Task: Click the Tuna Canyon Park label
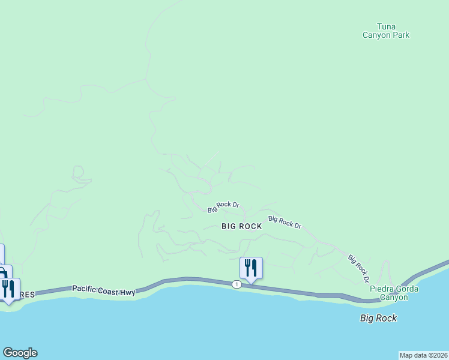(385, 31)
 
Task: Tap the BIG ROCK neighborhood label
(242, 226)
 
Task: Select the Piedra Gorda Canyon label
(393, 293)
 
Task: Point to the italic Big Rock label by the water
(378, 318)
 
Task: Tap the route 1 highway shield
(237, 284)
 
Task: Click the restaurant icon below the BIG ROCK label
(251, 268)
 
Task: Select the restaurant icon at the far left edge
(8, 289)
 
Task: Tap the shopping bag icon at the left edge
(3, 273)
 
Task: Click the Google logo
(20, 353)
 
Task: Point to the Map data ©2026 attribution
(423, 355)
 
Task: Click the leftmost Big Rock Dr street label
(223, 207)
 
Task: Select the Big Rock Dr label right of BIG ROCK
(285, 222)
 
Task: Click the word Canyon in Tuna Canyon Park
(378, 35)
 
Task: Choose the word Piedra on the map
(382, 289)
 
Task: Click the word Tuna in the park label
(386, 26)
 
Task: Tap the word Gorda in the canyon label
(407, 289)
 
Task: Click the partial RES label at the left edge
(29, 295)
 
